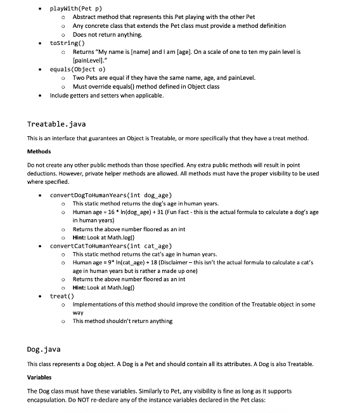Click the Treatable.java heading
pos(56,124)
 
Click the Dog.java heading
pos(42,349)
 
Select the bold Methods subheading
pos(39,151)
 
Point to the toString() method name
pos(66,42)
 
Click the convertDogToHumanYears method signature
pos(111,195)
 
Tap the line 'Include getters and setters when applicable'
pos(106,96)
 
